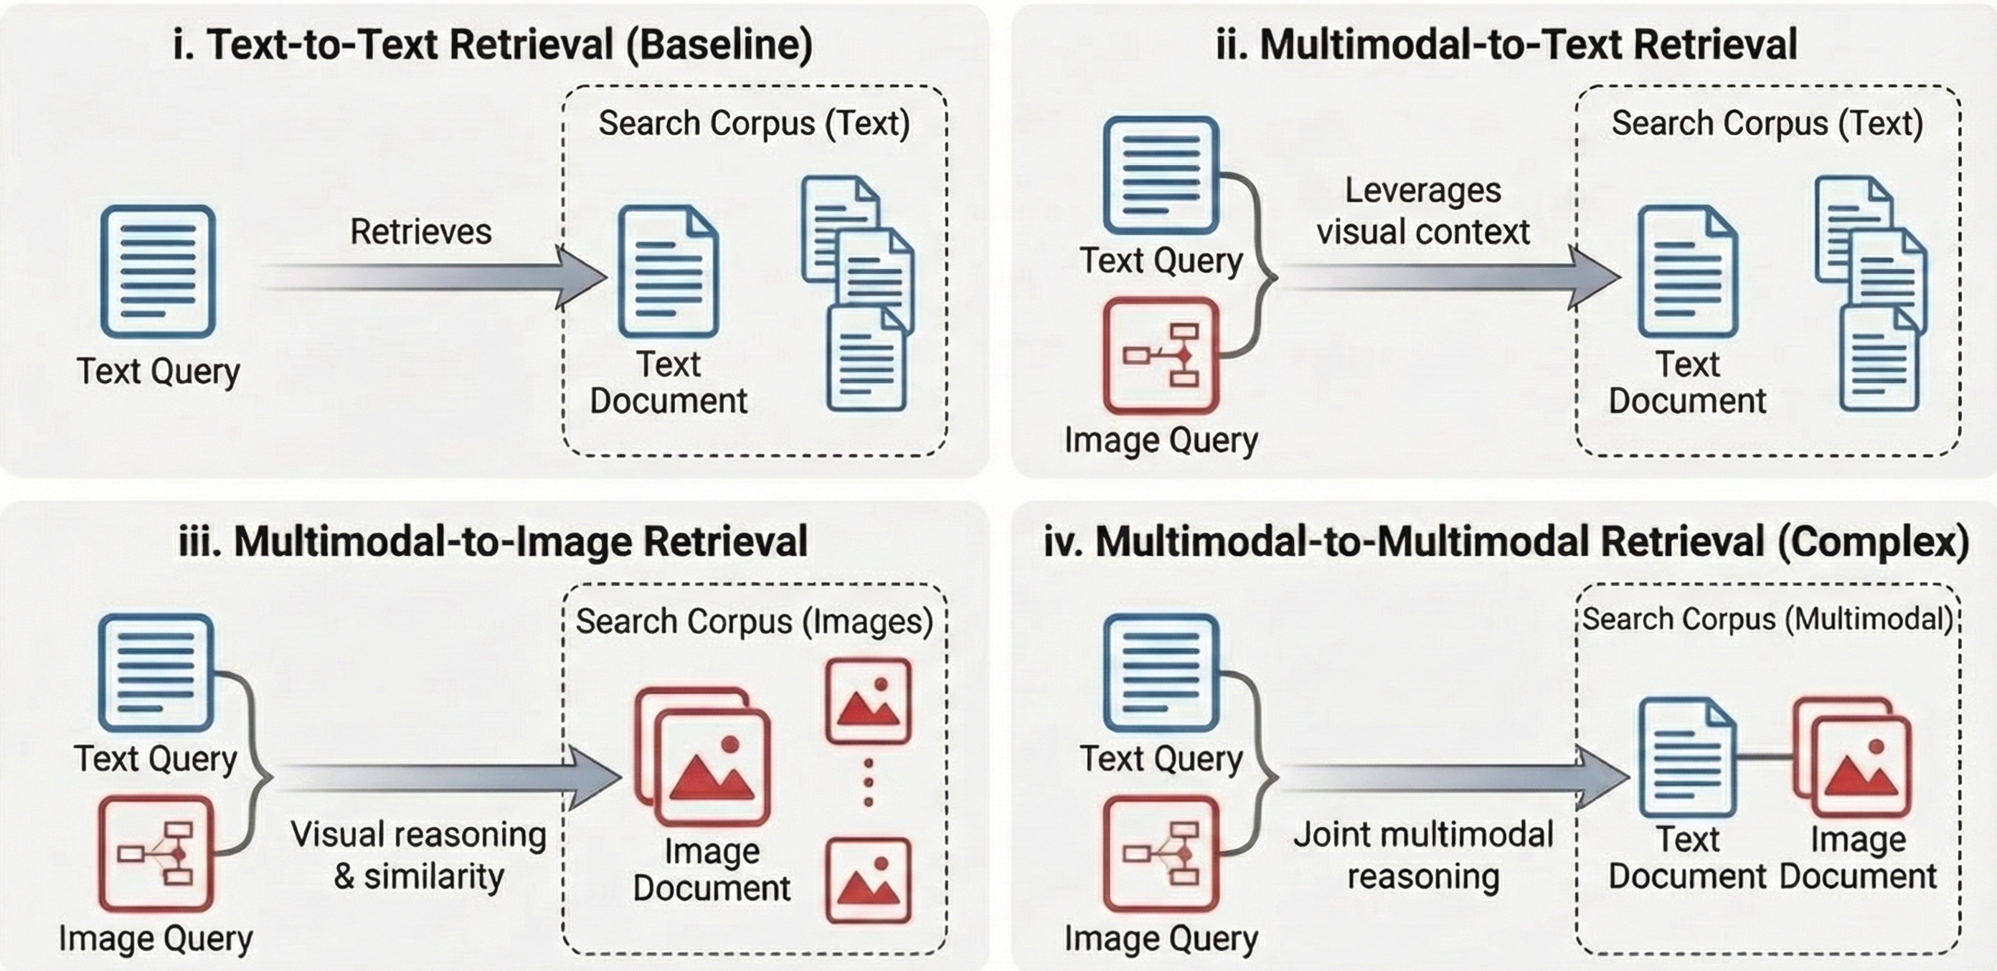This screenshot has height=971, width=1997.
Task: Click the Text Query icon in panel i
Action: (x=157, y=270)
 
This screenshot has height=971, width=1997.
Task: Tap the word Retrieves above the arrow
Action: (x=420, y=232)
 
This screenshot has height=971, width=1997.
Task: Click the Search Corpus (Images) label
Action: (x=753, y=622)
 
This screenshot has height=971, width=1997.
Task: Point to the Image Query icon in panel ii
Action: (x=1161, y=356)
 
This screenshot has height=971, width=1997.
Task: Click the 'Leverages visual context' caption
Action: (x=1422, y=211)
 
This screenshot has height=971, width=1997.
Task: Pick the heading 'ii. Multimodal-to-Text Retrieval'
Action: (x=1506, y=44)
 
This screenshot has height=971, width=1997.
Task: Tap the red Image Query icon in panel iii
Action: (x=156, y=853)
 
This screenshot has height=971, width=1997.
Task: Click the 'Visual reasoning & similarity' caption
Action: (x=419, y=856)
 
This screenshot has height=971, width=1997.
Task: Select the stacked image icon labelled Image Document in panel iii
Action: (x=704, y=757)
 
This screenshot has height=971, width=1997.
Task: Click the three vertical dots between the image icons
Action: (x=868, y=782)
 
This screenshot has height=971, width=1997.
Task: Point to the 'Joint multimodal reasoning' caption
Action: (x=1422, y=856)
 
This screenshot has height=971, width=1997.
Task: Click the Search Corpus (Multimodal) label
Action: (x=1767, y=619)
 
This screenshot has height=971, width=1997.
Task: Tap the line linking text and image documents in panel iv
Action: (x=1765, y=757)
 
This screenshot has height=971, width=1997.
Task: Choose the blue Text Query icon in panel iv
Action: (x=1161, y=672)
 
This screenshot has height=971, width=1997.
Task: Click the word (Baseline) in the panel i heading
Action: (x=719, y=44)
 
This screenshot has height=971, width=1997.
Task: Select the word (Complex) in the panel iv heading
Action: (x=1873, y=541)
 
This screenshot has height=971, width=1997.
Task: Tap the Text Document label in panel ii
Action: (x=1687, y=383)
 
